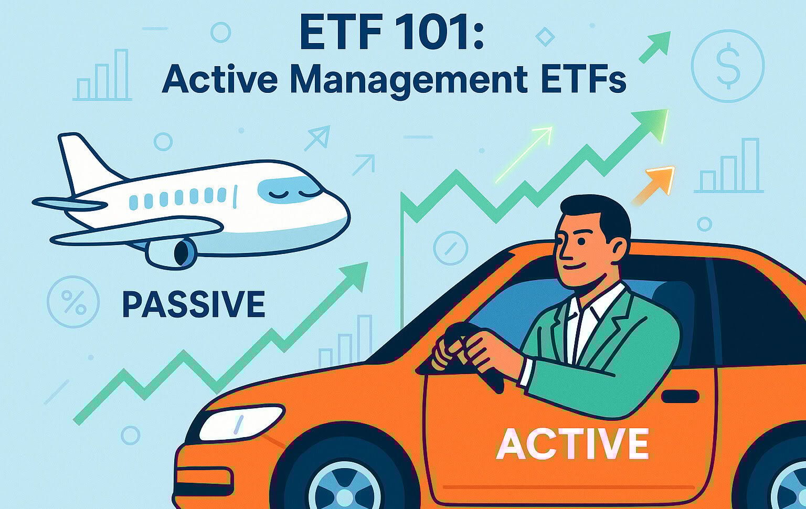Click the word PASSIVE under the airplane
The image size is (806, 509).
click(194, 304)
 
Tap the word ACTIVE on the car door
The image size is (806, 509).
click(572, 444)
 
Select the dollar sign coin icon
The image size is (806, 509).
click(728, 66)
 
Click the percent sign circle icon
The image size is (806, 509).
click(73, 301)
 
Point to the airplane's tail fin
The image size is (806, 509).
click(87, 162)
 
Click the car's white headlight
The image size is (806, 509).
click(241, 422)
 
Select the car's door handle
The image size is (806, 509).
click(680, 396)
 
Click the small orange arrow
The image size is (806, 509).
click(653, 185)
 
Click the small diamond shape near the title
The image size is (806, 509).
click(545, 37)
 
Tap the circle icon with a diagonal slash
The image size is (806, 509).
click(451, 248)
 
